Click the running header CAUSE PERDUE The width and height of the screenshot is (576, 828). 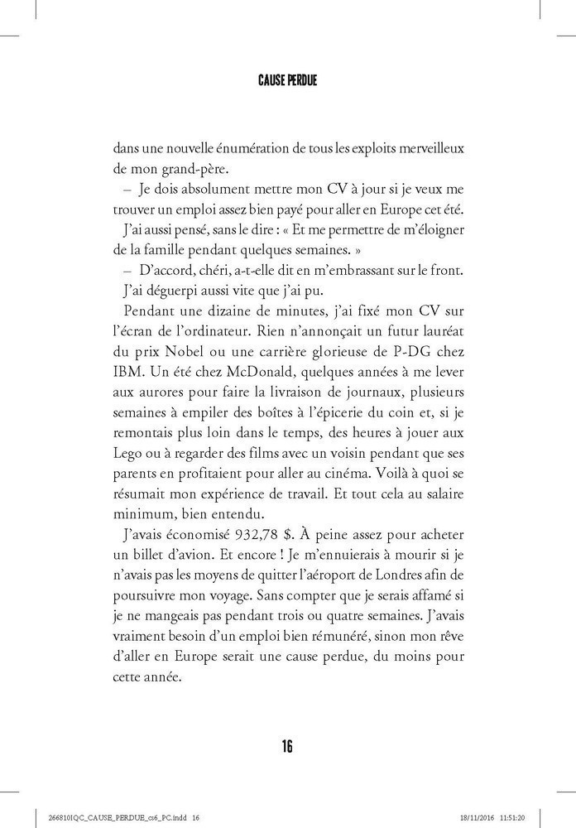(x=287, y=82)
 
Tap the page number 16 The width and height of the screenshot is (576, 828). (x=287, y=746)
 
